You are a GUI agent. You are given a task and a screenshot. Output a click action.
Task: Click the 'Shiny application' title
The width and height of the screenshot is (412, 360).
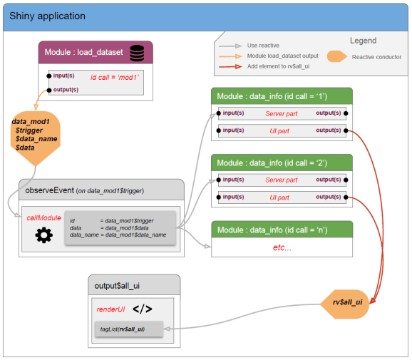tap(47, 16)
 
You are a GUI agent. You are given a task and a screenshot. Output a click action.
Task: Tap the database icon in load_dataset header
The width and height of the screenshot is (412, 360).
tap(137, 53)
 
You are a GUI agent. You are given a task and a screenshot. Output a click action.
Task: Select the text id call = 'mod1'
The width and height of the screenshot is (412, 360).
tap(114, 76)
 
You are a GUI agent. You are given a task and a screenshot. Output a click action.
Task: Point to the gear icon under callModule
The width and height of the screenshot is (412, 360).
tap(43, 236)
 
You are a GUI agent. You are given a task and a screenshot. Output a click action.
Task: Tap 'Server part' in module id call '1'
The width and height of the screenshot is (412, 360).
tap(281, 113)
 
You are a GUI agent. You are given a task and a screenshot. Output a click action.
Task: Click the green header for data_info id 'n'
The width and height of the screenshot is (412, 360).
tap(282, 229)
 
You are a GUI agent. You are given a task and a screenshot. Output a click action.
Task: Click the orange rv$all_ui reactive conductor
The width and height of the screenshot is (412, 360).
tap(348, 302)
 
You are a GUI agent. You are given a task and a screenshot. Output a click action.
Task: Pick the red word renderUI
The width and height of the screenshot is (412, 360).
tap(110, 310)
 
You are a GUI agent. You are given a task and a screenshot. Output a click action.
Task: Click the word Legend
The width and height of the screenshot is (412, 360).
tap(363, 41)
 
